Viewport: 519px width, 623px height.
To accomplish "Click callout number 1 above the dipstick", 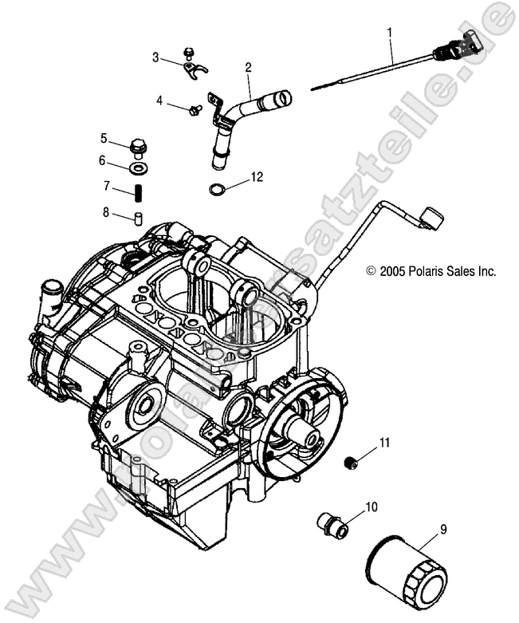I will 390,33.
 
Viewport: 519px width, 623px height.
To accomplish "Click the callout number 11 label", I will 385,442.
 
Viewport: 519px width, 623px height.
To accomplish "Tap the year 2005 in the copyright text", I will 391,271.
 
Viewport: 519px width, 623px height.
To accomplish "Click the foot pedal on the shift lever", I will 431,217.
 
